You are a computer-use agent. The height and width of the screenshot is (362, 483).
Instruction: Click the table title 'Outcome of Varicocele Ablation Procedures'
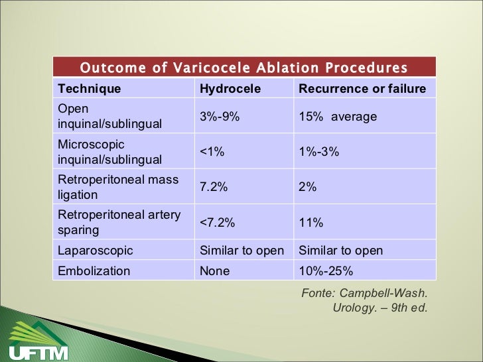click(x=243, y=68)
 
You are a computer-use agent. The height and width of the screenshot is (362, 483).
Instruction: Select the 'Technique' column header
click(x=90, y=89)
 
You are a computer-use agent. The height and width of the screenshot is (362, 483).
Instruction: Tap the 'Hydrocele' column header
click(x=230, y=89)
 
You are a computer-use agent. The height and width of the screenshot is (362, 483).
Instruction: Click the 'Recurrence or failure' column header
click(x=362, y=89)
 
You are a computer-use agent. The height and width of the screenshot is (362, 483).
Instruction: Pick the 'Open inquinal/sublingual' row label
click(x=109, y=116)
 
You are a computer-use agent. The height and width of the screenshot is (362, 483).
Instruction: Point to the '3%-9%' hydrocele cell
click(x=220, y=117)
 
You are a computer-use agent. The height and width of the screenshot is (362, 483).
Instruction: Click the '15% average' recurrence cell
click(x=338, y=117)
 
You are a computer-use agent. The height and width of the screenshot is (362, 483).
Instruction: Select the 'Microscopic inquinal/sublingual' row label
click(x=109, y=152)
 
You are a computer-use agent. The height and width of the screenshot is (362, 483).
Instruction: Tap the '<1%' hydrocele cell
click(x=212, y=152)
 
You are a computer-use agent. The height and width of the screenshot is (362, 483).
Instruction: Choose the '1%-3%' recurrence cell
click(x=319, y=152)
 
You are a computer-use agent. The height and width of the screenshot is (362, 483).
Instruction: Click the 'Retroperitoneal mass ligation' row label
click(x=118, y=187)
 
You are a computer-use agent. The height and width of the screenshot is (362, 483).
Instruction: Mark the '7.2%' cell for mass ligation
click(x=214, y=188)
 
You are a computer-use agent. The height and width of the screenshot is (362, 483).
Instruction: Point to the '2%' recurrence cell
click(x=308, y=188)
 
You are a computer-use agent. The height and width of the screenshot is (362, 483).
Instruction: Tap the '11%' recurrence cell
click(x=311, y=223)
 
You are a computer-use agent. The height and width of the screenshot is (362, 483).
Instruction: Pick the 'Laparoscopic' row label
click(x=96, y=251)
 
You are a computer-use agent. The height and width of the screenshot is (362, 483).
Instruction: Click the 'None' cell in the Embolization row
click(x=215, y=271)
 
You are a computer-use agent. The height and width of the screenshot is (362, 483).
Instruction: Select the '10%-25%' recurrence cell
click(x=326, y=271)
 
